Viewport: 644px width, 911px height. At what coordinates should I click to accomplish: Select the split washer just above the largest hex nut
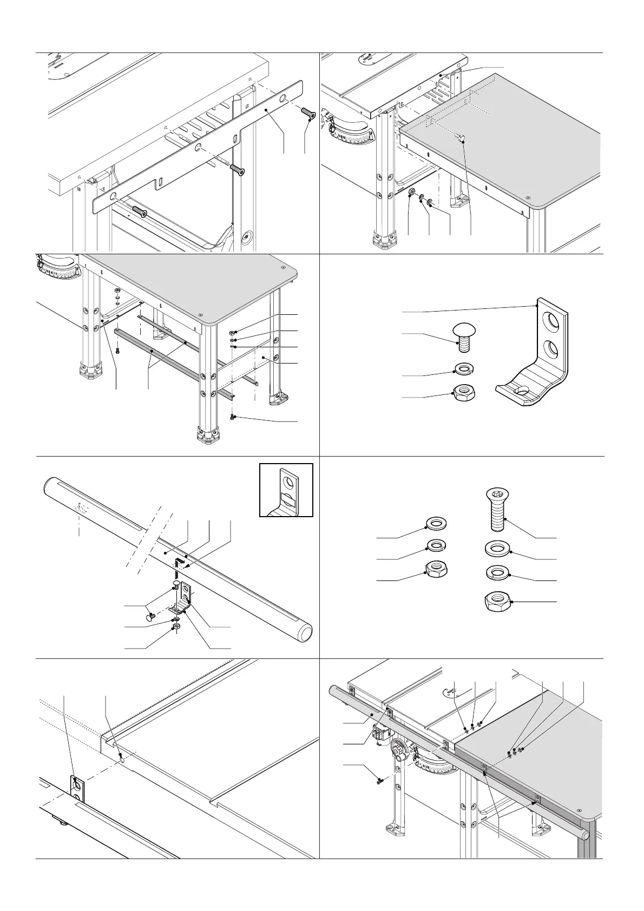pyautogui.click(x=497, y=572)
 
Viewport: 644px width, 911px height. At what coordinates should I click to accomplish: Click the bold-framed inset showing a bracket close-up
pyautogui.click(x=286, y=490)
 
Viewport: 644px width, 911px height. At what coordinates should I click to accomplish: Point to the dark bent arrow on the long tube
pyautogui.click(x=181, y=562)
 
